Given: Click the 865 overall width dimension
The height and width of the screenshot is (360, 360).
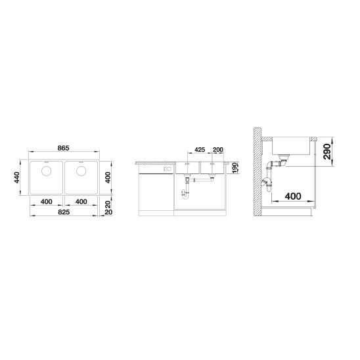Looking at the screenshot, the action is pyautogui.click(x=63, y=148).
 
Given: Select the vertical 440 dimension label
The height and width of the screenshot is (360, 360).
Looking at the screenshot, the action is pyautogui.click(x=17, y=177).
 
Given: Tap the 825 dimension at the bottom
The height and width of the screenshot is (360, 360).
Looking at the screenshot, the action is pyautogui.click(x=64, y=212).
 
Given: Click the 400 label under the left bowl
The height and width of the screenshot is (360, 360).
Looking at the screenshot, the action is pyautogui.click(x=47, y=202).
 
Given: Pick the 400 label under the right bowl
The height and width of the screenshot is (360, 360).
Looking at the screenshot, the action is pyautogui.click(x=81, y=202).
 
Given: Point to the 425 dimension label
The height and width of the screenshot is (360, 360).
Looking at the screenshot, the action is pyautogui.click(x=200, y=150).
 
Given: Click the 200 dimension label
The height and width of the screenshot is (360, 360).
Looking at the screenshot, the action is pyautogui.click(x=218, y=150).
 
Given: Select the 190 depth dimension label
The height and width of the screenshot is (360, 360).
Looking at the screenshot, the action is pyautogui.click(x=233, y=168).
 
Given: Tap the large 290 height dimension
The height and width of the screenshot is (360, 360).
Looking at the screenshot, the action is pyautogui.click(x=327, y=152).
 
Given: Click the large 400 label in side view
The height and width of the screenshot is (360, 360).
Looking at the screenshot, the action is pyautogui.click(x=293, y=196).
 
